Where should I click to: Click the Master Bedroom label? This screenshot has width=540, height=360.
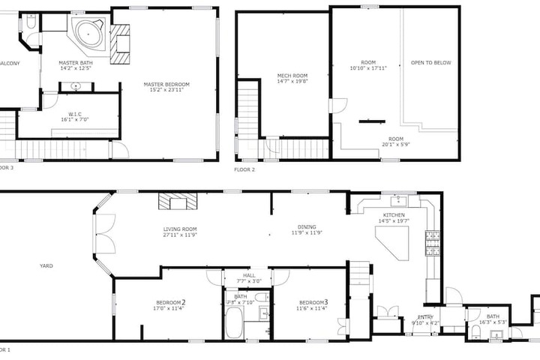[x=166, y=85]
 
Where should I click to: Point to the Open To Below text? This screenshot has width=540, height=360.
[x=431, y=63]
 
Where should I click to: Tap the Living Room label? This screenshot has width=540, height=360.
[x=181, y=229]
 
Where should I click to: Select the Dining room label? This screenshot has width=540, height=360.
[x=306, y=227]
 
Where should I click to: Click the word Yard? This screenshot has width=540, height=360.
[x=46, y=265]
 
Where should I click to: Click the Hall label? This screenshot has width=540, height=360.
[x=249, y=276]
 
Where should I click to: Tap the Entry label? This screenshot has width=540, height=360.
[x=425, y=317]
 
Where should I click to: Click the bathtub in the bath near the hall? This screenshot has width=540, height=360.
[x=233, y=327]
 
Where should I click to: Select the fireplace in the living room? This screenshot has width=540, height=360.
[x=176, y=201]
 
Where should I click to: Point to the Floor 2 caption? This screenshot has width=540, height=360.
[x=244, y=170]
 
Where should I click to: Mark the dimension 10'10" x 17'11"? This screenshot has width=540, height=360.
[x=367, y=68]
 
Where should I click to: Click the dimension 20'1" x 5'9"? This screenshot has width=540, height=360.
[x=396, y=145]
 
